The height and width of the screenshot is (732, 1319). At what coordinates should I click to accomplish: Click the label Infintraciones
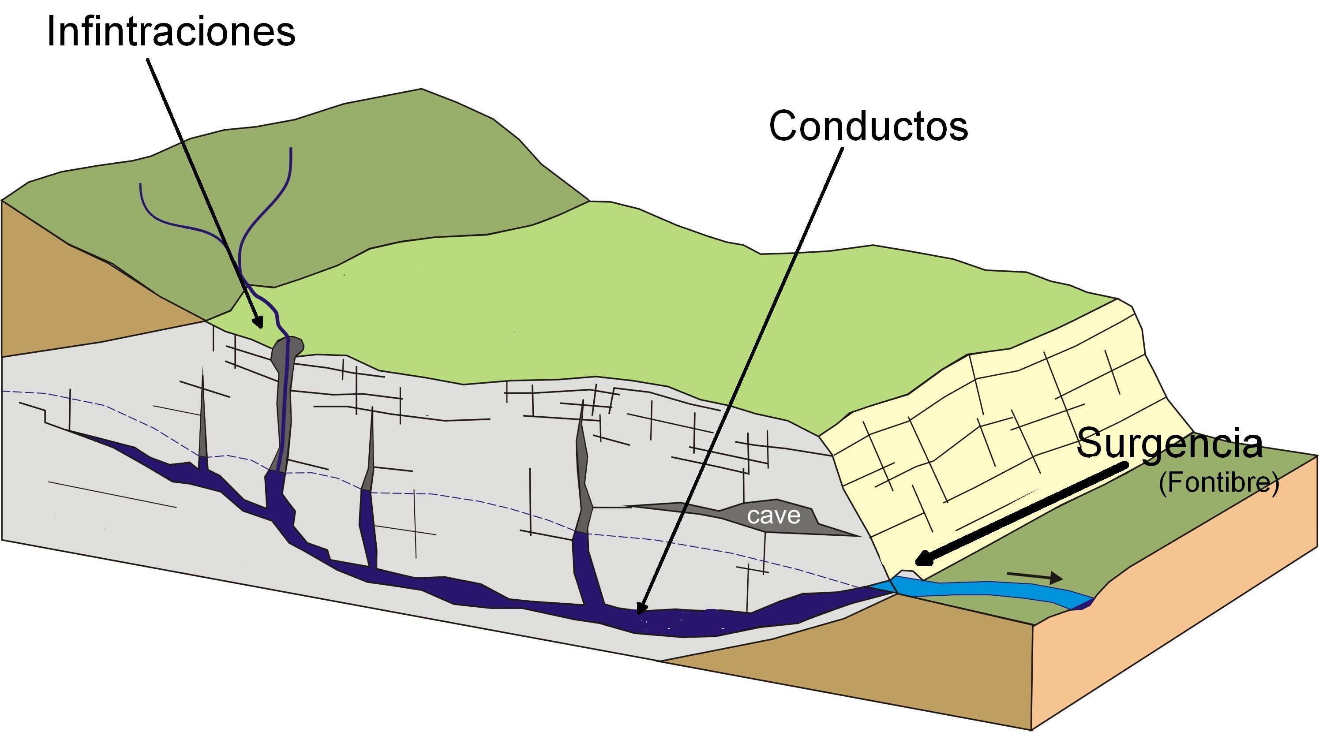pos(171,32)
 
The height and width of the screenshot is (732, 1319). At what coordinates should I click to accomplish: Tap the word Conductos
pos(869,126)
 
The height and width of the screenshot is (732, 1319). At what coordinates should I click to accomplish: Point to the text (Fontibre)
pos(1218,483)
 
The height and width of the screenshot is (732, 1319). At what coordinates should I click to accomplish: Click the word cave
pos(773,516)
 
